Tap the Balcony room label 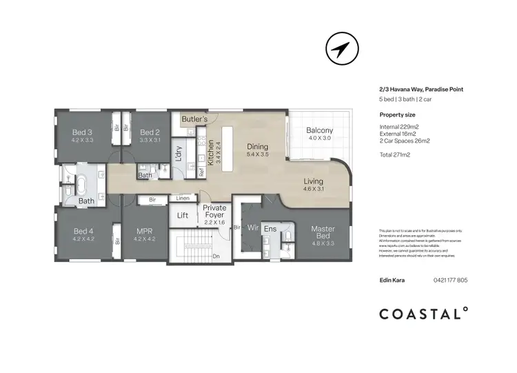(x=319, y=130)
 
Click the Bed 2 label (x=150, y=132)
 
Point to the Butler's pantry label (x=194, y=119)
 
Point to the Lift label (x=183, y=216)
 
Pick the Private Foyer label (x=215, y=211)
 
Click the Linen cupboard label (x=182, y=199)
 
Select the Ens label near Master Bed (x=270, y=229)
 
